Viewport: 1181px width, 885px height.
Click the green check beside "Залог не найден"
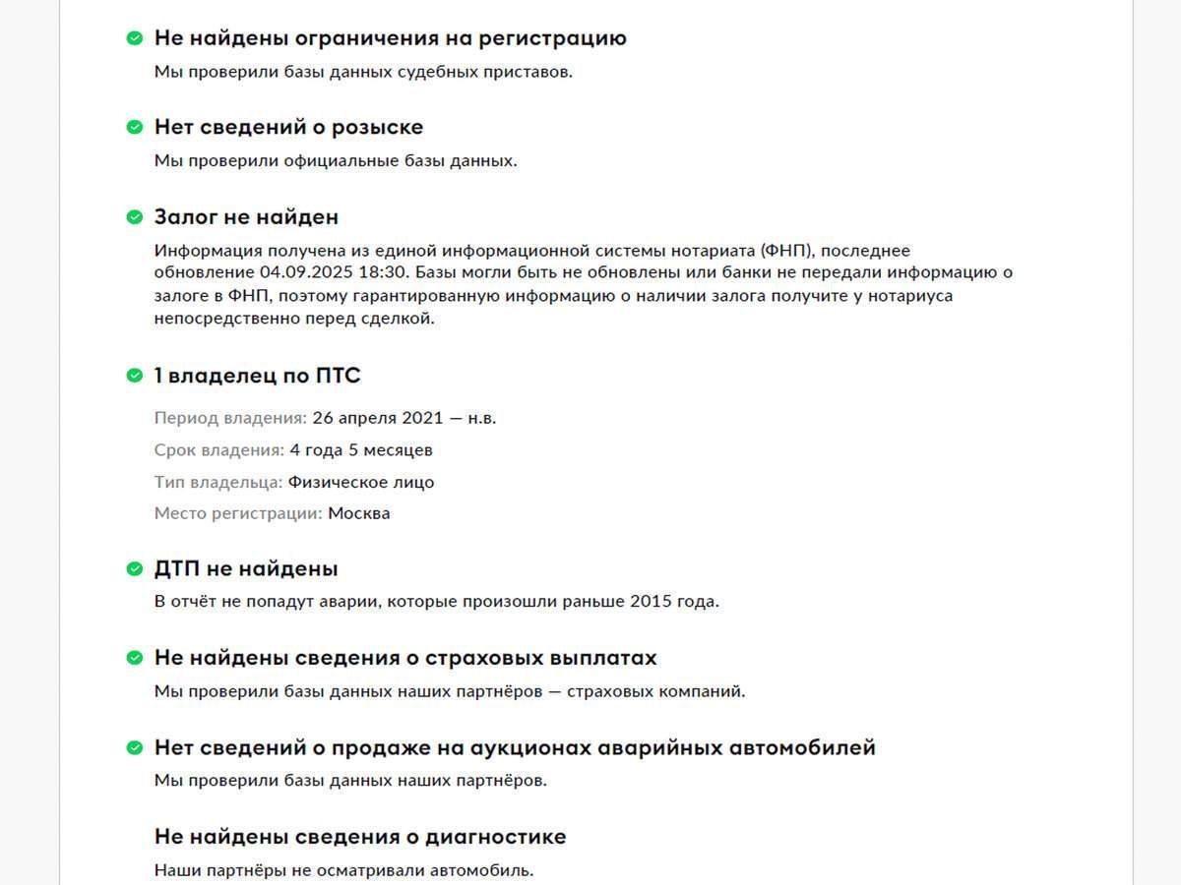(x=135, y=217)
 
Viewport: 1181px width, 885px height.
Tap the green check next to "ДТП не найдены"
(x=135, y=569)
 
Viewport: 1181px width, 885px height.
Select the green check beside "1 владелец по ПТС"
(x=135, y=376)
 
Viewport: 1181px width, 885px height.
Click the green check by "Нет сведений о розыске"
(x=135, y=128)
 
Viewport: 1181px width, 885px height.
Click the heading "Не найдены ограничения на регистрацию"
(x=390, y=38)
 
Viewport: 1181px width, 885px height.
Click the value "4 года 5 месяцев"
(x=361, y=450)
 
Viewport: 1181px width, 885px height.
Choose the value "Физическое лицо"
(x=361, y=483)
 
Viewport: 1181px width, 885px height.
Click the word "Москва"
(x=359, y=513)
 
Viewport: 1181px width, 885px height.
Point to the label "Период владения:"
(x=230, y=418)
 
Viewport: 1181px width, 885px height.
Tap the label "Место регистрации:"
(x=238, y=513)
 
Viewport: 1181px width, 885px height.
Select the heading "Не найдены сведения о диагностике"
(x=360, y=837)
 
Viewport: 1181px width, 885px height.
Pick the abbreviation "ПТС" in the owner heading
(x=339, y=376)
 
